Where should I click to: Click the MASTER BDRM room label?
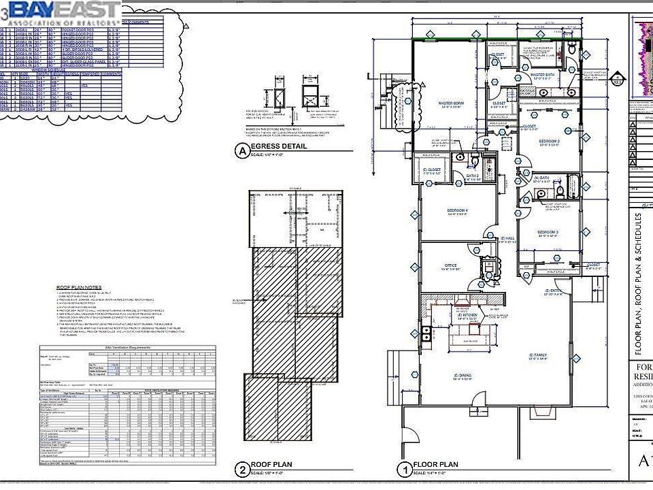point(450,103)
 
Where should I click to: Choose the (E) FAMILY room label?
point(539,355)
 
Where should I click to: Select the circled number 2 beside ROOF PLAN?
point(242,469)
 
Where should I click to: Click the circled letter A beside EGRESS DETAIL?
point(240,150)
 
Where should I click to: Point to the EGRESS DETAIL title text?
point(279,146)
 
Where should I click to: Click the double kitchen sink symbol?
point(427,333)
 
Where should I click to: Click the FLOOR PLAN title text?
point(436,465)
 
